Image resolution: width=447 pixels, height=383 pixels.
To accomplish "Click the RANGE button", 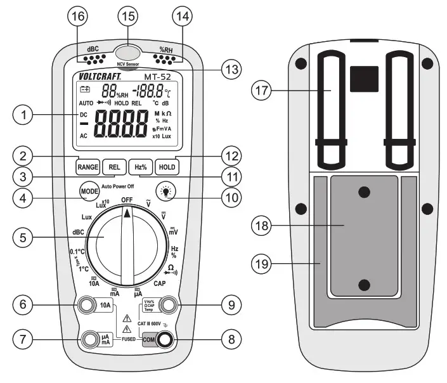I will coord(87,167).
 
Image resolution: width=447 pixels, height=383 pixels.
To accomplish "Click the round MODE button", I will coord(89,191).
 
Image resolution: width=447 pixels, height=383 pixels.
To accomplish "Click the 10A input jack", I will coord(86,306).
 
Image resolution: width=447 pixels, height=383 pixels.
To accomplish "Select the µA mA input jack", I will coord(90,340).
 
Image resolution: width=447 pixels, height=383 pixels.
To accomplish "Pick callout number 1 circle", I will coord(23,115).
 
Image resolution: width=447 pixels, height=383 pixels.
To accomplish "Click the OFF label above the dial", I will coord(127,200).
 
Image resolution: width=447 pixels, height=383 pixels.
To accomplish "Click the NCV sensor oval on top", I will coord(128,53).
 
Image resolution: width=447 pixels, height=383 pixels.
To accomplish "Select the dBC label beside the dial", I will coord(79,232).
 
